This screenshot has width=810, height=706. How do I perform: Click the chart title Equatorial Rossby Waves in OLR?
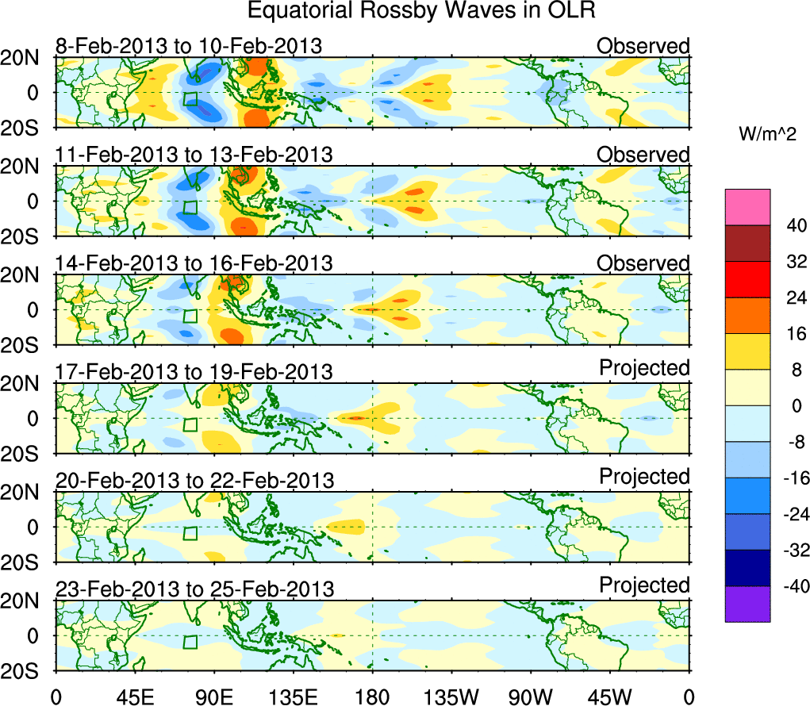coord(420,11)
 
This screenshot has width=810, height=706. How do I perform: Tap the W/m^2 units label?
coord(766,135)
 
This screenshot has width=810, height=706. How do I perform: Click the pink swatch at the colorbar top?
coord(747,207)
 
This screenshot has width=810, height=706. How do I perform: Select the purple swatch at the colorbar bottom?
coord(747,604)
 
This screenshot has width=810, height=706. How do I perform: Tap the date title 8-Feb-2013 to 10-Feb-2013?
coord(189,46)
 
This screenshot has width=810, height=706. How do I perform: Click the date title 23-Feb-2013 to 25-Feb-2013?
coord(194,589)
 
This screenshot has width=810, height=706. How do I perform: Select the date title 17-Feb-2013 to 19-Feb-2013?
coord(194,372)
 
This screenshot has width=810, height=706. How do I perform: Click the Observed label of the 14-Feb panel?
coord(643,263)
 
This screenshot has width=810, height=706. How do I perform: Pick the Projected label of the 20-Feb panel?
coord(644,477)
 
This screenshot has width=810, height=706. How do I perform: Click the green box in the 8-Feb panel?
coord(190,99)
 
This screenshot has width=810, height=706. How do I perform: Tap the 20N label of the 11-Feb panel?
coord(27,167)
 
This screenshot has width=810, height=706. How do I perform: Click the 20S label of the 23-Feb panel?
coord(27,671)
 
